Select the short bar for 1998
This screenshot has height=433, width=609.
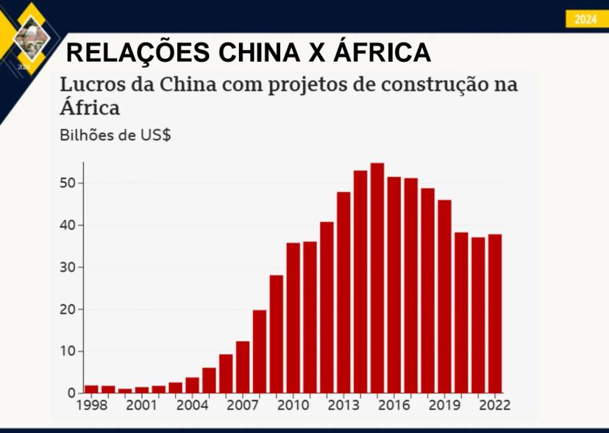(91, 388)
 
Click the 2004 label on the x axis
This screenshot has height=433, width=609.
(192, 404)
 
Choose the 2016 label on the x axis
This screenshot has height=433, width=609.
(393, 404)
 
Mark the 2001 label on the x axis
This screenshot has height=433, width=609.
(142, 404)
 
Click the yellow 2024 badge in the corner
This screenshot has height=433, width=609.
(585, 20)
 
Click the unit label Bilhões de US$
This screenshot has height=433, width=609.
(115, 135)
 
